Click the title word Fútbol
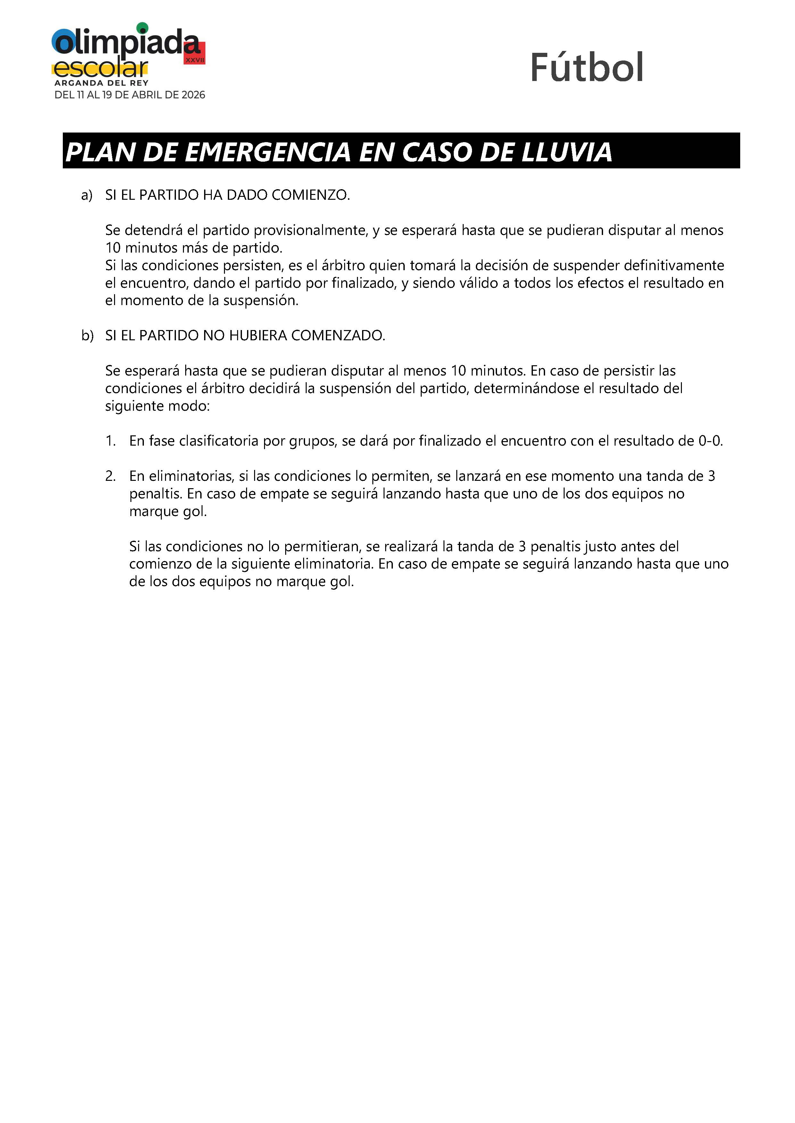[586, 68]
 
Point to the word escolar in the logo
[101, 69]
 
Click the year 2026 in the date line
[193, 95]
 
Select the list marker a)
[87, 195]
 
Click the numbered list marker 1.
[110, 441]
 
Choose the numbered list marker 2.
[110, 476]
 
